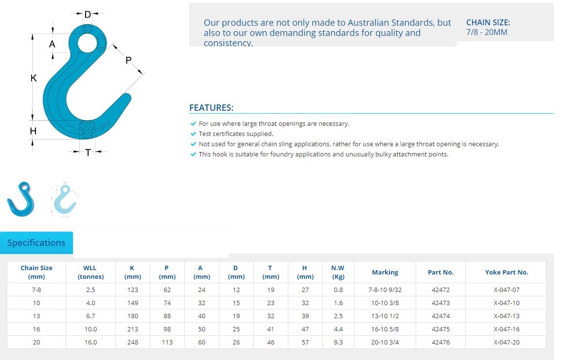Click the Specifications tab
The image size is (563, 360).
coord(36,242)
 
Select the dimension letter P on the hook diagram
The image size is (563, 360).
coord(128,60)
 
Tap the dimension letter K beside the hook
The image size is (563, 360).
coord(34,78)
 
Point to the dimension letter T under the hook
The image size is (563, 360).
coord(88,153)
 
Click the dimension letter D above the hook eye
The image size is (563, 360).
coord(88,15)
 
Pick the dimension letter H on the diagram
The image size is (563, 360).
coord(33,131)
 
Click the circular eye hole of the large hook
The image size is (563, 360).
coord(88,43)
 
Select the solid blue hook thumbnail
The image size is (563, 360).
coord(21,199)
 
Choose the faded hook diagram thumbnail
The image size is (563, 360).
coord(65,200)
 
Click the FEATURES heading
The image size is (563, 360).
coord(211,108)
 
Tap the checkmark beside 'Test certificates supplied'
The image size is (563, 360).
coord(193,134)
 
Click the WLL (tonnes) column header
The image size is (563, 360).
coord(90,272)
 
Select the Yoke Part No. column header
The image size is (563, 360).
coord(507,272)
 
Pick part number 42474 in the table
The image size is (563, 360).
coord(440,316)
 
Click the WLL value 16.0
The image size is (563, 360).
coord(90,342)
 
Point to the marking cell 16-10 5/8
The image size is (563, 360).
coord(385,329)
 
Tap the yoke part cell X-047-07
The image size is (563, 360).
coord(507,290)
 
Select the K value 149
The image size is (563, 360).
coord(133,303)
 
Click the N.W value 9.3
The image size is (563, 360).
coord(338,342)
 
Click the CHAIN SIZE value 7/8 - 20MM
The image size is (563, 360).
coord(487,32)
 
